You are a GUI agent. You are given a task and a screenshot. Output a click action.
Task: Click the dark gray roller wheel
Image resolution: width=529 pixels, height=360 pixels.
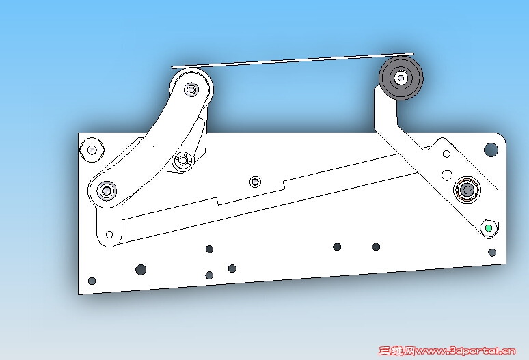point(401,78)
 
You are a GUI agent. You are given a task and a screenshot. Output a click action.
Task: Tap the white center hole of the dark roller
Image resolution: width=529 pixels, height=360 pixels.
point(401,78)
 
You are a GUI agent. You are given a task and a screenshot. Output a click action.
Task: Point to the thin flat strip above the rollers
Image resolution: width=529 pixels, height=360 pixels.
point(293,60)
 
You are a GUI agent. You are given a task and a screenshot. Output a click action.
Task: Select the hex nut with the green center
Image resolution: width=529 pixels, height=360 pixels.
point(489,228)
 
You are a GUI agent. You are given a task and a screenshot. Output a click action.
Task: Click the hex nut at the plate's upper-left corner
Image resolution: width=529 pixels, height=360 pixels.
point(92,150)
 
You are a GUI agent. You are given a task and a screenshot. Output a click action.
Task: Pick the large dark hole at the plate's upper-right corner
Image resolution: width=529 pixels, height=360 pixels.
point(491,150)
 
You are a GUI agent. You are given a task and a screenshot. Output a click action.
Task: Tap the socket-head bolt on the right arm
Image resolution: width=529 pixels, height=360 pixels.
point(467,190)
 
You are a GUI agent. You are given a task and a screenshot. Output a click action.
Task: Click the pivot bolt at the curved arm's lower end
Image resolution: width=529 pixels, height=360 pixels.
point(107,191)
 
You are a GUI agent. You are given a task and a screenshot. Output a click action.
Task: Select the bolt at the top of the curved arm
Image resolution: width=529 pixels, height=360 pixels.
point(191,89)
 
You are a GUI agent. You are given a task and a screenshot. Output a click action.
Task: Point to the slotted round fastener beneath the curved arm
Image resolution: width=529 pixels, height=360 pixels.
point(183,160)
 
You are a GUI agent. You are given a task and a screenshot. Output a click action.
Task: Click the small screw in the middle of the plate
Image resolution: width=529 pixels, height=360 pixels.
point(255,182)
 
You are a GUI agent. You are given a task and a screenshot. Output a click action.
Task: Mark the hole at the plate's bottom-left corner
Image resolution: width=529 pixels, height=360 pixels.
point(92,281)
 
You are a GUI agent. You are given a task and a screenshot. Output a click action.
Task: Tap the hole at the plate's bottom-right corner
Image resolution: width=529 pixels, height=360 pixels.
point(492,253)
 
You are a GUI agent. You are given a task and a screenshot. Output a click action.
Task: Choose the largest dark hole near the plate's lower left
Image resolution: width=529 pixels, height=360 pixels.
point(141,269)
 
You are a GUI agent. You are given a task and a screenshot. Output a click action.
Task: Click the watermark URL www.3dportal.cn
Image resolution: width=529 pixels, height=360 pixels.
point(466,351)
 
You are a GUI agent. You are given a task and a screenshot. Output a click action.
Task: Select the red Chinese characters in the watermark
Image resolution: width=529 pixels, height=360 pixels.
point(396,351)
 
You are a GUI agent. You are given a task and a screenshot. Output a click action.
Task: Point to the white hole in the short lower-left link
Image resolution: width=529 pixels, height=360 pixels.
point(109,234)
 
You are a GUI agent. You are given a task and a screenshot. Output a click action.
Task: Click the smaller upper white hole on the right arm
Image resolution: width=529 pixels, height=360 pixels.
point(446,154)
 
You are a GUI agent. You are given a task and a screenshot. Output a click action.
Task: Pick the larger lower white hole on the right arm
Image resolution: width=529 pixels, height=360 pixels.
point(447,176)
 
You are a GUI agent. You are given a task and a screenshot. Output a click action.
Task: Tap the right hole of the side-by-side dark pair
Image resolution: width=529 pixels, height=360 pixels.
point(376,247)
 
